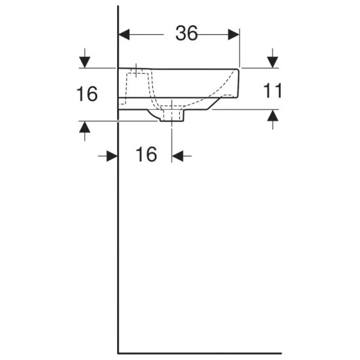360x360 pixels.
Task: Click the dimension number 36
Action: coord(187,34)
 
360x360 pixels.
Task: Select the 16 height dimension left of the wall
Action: coord(88,94)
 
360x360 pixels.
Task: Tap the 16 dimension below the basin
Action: coord(146,155)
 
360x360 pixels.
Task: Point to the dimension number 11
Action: coord(274,91)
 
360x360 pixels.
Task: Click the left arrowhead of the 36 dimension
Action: coord(125,34)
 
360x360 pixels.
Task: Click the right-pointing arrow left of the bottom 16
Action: coord(110,156)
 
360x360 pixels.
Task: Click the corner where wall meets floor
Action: coord(118,353)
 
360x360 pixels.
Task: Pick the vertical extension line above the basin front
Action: coord(240,48)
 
